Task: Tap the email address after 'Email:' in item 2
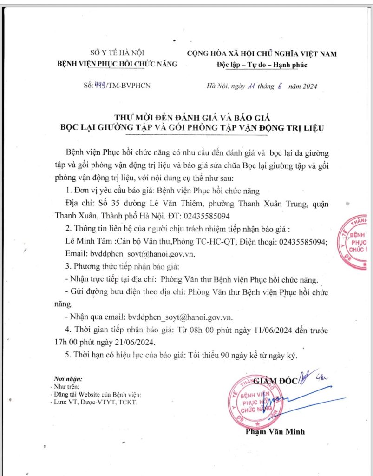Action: coord(142,253)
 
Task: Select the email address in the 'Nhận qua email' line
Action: coord(180,317)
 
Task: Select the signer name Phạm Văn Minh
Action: coord(275,431)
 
